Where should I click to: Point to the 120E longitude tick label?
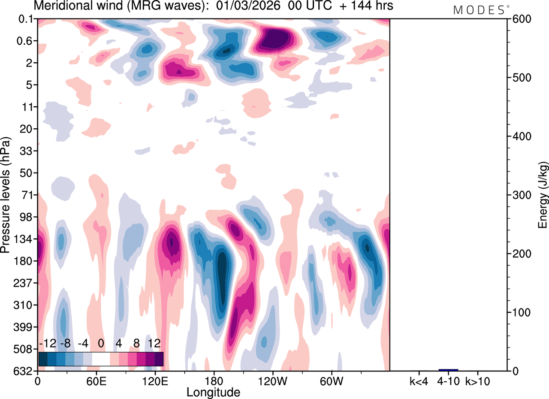click(155, 381)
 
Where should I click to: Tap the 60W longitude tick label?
click(331, 381)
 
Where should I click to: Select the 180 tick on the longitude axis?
click(214, 381)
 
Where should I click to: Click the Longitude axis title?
click(213, 392)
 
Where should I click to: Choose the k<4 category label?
click(419, 381)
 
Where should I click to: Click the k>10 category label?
click(478, 381)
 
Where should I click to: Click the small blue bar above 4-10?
click(448, 370)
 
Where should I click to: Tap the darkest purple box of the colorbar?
click(159, 359)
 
